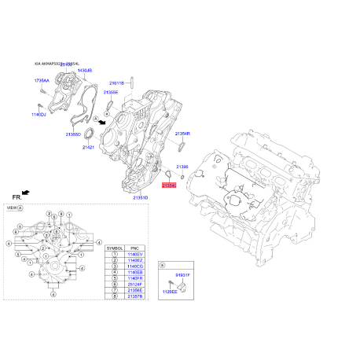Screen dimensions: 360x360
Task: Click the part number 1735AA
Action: [x=42, y=80]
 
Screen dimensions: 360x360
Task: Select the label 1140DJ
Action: [x=39, y=115]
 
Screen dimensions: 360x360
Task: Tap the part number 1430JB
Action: [x=84, y=71]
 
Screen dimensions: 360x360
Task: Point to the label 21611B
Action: [x=117, y=83]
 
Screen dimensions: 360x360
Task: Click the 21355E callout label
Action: [x=110, y=92]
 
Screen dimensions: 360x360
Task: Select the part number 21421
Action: [x=89, y=148]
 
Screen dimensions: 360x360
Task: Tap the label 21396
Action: [x=182, y=167]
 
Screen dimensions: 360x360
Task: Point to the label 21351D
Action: [x=141, y=197]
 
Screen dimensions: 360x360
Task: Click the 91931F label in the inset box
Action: [x=182, y=274]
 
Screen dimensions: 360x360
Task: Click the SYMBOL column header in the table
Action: [x=114, y=247]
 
